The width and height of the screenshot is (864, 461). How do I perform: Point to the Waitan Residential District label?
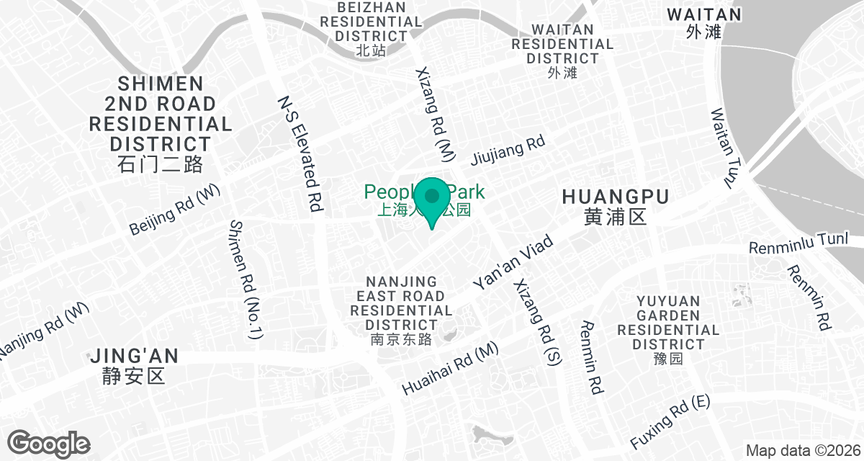(x=562, y=43)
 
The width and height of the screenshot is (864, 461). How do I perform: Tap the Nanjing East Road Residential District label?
(x=401, y=303)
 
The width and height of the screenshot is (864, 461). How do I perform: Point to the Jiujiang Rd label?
(x=508, y=151)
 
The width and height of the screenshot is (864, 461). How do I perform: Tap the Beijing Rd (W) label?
(x=176, y=210)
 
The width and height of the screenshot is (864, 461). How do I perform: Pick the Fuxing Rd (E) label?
(x=670, y=421)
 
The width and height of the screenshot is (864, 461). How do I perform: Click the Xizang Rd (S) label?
(x=536, y=321)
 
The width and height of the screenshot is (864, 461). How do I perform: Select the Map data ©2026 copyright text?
(x=803, y=451)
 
